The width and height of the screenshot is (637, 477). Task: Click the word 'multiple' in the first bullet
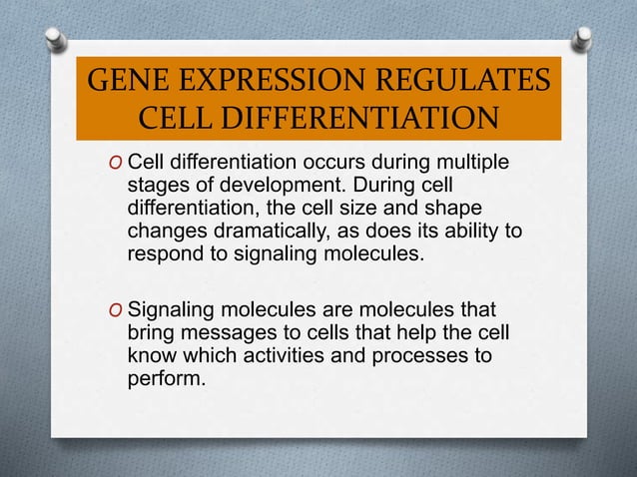tap(469, 163)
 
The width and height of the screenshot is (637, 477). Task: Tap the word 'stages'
tap(158, 186)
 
